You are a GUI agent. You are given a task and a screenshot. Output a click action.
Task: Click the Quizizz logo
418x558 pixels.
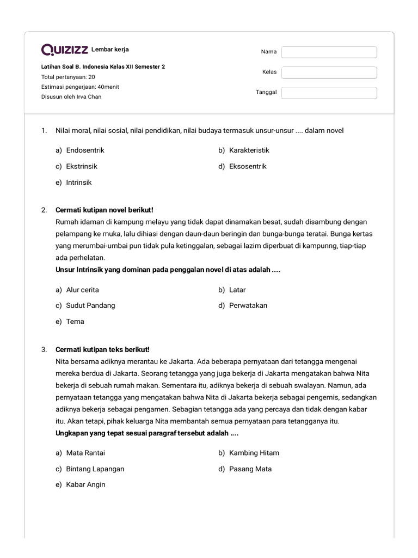click(x=65, y=50)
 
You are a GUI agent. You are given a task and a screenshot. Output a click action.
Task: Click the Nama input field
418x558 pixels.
click(x=329, y=52)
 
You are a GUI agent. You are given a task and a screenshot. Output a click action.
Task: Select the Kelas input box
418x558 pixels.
click(x=329, y=72)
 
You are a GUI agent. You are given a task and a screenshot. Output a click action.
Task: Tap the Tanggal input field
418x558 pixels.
click(x=329, y=93)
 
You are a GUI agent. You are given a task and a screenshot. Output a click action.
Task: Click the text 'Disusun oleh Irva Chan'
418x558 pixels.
click(x=71, y=97)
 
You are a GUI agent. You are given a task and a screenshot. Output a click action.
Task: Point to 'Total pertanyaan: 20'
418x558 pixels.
click(x=68, y=77)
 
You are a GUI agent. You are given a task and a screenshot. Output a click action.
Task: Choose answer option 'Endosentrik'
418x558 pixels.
click(x=85, y=150)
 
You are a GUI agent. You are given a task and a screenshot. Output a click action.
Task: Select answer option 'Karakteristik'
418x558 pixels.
click(x=249, y=150)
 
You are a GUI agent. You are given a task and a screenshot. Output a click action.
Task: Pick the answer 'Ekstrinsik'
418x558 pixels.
click(x=82, y=166)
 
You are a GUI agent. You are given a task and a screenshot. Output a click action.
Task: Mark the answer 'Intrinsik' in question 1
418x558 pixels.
click(x=79, y=183)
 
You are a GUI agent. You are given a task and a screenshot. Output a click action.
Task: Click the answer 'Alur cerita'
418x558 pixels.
click(x=82, y=290)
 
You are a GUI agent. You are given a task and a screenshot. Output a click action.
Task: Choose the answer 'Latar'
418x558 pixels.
click(x=237, y=290)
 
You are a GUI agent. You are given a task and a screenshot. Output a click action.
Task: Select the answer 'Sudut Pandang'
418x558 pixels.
click(x=90, y=306)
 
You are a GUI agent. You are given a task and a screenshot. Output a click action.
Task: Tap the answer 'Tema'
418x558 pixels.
click(x=75, y=322)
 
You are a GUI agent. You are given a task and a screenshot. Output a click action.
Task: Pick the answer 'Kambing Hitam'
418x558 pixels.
click(x=254, y=453)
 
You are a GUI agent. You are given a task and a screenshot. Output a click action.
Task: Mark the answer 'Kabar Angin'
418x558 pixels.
click(x=85, y=484)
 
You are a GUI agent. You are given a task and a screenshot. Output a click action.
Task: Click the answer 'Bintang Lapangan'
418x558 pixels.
click(x=95, y=469)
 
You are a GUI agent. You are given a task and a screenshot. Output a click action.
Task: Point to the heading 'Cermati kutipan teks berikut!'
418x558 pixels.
click(x=102, y=349)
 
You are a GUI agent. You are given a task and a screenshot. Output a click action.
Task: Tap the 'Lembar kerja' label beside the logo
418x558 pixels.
click(x=110, y=50)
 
